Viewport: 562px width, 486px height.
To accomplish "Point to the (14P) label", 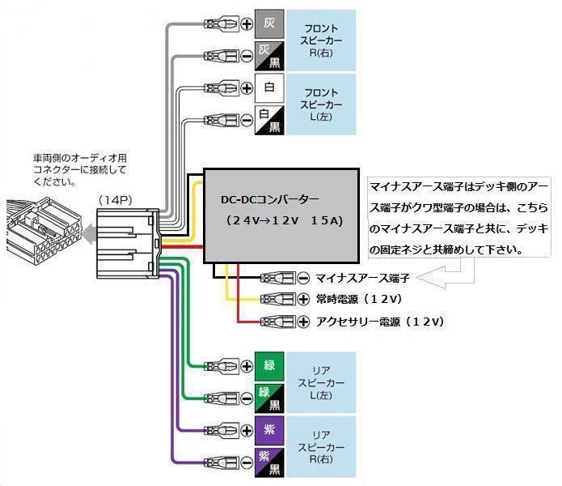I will click(x=116, y=199).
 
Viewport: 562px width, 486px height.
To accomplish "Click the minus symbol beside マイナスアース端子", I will click(x=302, y=278).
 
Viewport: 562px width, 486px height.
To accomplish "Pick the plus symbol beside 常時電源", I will click(x=302, y=299).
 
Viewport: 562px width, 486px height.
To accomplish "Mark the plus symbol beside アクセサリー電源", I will click(x=302, y=322).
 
